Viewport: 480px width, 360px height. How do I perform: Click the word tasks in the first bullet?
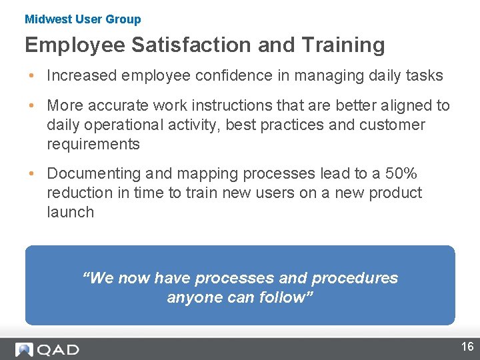tap(423, 75)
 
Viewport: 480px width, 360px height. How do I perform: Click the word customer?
tap(393, 125)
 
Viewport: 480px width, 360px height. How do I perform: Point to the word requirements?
tap(93, 144)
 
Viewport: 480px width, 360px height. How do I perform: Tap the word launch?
tap(71, 212)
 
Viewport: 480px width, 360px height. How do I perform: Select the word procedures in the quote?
tap(355, 278)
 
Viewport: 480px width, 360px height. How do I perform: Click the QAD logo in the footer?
tap(47, 349)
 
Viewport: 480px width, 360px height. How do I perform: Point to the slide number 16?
tap(467, 346)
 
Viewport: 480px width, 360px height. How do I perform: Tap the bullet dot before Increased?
tap(32, 75)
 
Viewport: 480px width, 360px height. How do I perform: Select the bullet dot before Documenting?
tap(32, 173)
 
